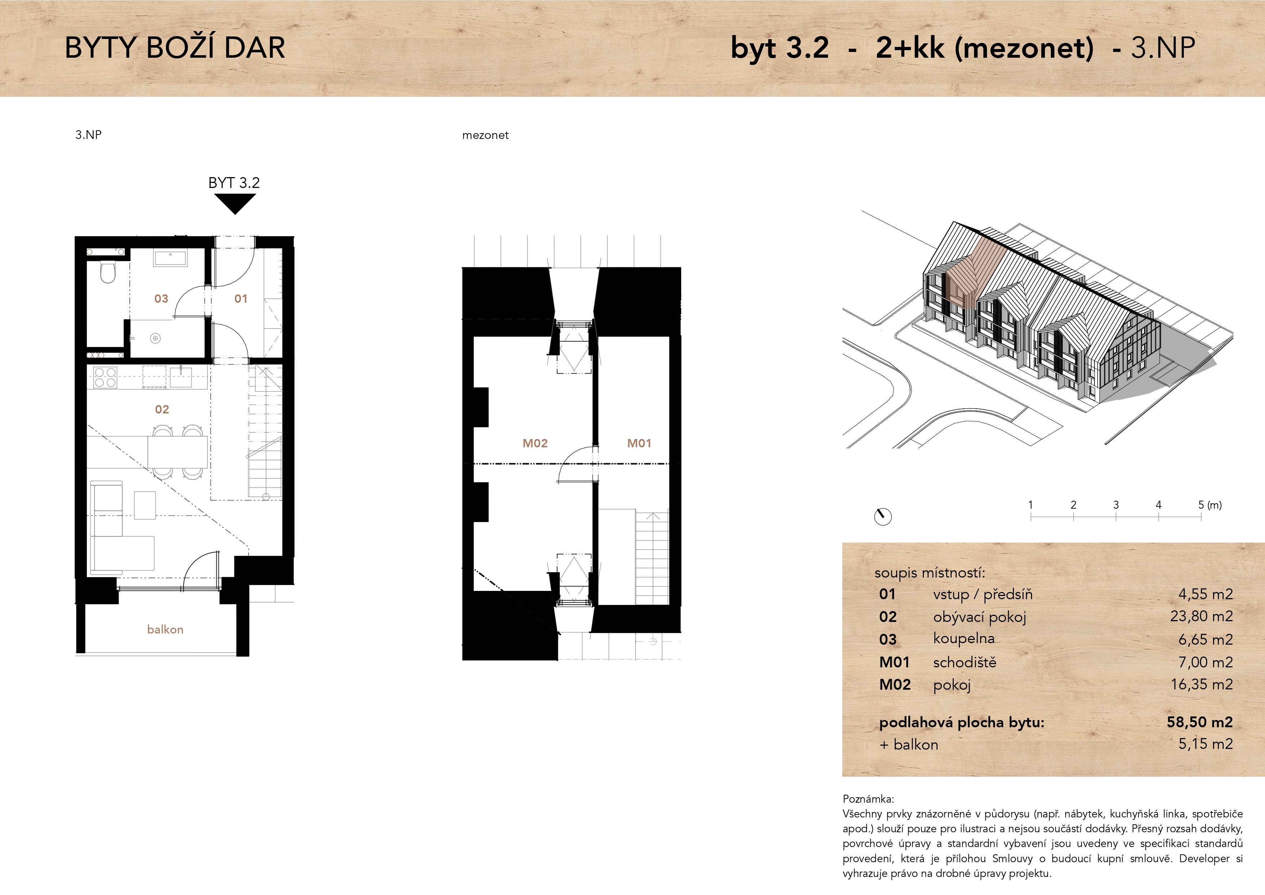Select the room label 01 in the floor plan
click(x=241, y=299)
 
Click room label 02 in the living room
click(x=162, y=409)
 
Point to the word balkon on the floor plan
click(x=165, y=629)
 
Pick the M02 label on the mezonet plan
click(x=535, y=443)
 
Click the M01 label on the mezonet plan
click(x=639, y=443)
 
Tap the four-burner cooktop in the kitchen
click(x=105, y=377)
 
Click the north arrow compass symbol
click(x=883, y=516)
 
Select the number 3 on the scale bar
click(x=1116, y=505)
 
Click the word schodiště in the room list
click(x=965, y=662)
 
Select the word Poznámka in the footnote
click(x=868, y=799)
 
